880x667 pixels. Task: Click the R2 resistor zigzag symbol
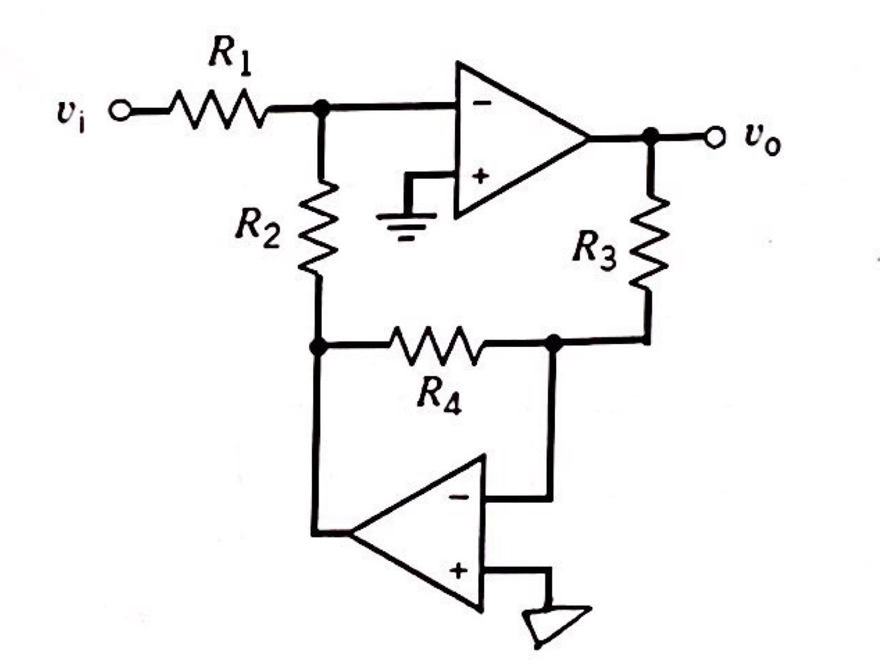point(320,227)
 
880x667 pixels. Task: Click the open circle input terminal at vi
point(121,111)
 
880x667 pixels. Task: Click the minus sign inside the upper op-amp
point(483,103)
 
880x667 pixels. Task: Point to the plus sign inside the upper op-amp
point(480,176)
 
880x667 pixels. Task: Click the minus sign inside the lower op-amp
point(457,497)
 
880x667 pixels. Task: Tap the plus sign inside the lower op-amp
point(458,571)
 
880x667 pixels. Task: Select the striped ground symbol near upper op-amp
point(406,224)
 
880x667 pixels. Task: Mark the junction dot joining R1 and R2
point(321,107)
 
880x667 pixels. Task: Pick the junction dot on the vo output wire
point(651,137)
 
